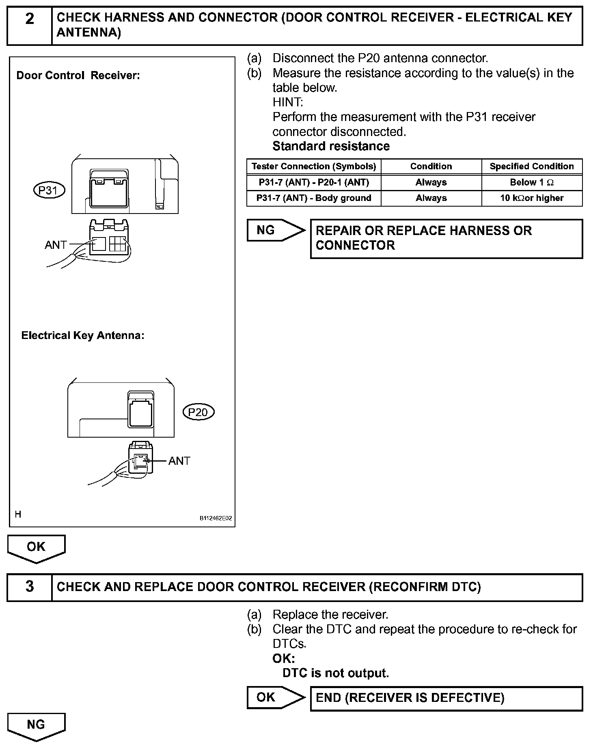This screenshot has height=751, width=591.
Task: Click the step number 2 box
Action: point(30,25)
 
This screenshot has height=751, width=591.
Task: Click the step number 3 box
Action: point(30,587)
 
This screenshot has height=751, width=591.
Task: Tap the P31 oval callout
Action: point(49,190)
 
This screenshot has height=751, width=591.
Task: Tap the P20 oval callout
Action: point(198,412)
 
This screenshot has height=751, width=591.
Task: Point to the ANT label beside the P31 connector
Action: point(56,245)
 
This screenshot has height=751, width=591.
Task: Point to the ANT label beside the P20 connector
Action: point(179,461)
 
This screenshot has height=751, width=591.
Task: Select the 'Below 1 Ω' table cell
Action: point(532,183)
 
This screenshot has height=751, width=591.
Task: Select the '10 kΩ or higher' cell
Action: point(532,198)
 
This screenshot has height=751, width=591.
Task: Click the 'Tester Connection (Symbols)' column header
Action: point(314,166)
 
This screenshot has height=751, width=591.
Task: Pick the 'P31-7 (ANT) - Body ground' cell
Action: point(314,198)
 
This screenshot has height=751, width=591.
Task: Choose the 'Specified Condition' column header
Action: point(532,166)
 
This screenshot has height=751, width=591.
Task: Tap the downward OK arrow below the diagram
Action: point(36,548)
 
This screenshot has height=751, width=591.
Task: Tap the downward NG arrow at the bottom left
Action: point(36,726)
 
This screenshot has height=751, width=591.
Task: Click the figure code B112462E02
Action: point(216,518)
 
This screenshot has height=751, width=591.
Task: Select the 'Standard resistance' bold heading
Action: point(331,146)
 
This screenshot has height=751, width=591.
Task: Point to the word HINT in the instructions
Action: point(288,102)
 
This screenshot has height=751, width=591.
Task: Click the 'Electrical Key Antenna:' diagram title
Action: point(83,336)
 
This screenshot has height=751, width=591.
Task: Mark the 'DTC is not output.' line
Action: point(336,673)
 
